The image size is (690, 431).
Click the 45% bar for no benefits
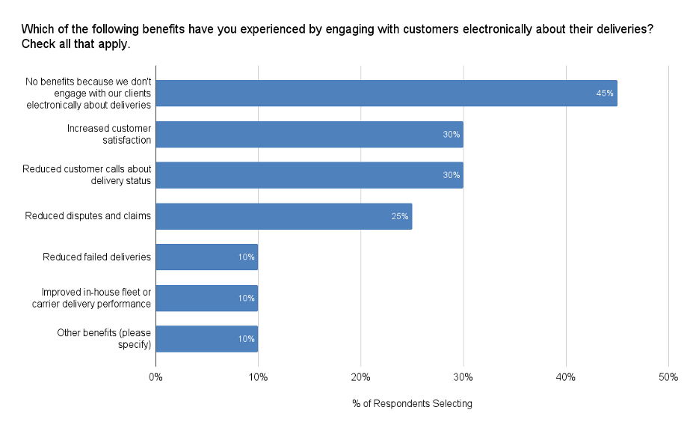coord(386,94)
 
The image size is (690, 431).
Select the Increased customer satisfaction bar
coord(309,135)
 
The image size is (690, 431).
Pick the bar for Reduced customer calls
coord(309,175)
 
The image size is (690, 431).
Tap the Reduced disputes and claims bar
coord(283,216)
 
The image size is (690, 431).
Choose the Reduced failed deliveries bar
coord(206,257)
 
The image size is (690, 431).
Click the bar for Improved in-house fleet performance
coord(206,298)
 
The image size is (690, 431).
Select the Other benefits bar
coord(206,339)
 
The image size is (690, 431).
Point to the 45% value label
coord(605,94)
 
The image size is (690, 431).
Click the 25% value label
coord(400,216)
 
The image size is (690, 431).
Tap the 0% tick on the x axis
coord(155,376)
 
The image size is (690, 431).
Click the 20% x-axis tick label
coord(360,376)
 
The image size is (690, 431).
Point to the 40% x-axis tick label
coord(565,376)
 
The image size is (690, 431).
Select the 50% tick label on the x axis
coord(668,376)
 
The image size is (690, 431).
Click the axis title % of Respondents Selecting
coord(412,404)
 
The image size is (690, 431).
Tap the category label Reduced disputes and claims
coord(88,216)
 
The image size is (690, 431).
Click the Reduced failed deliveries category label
coord(97,257)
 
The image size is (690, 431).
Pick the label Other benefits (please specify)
coord(104,339)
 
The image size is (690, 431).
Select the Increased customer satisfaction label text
coord(109,134)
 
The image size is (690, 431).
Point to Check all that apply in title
coord(76,44)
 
